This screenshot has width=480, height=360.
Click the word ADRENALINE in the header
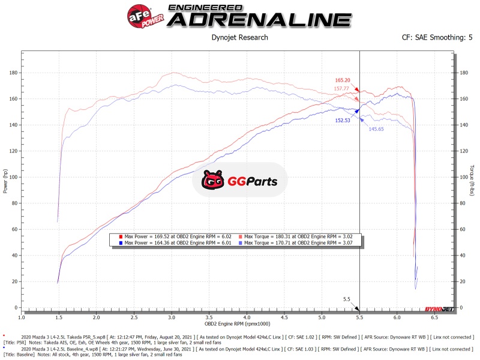(259, 19)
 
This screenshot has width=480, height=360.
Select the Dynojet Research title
(241, 38)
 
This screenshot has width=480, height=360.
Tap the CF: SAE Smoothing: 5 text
(437, 38)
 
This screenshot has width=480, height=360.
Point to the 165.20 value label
(343, 80)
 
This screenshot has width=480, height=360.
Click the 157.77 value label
(343, 89)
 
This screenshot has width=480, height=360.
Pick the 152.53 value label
(343, 120)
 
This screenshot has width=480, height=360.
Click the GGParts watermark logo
(239, 180)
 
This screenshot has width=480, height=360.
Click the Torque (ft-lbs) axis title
(472, 179)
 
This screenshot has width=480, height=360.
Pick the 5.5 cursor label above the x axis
(347, 299)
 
